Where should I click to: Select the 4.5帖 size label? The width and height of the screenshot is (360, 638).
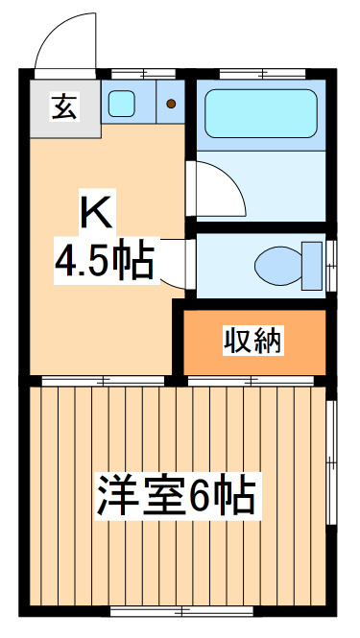tap(104, 259)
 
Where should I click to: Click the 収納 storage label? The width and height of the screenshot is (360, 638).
tap(253, 340)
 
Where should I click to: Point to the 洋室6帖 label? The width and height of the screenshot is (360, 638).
tap(175, 495)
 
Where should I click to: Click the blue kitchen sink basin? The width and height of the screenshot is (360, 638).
tap(121, 103)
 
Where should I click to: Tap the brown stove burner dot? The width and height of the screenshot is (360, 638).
tap(170, 104)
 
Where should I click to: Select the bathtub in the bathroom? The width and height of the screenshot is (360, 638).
tap(261, 114)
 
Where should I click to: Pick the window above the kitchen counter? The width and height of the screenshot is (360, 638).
tap(143, 73)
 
